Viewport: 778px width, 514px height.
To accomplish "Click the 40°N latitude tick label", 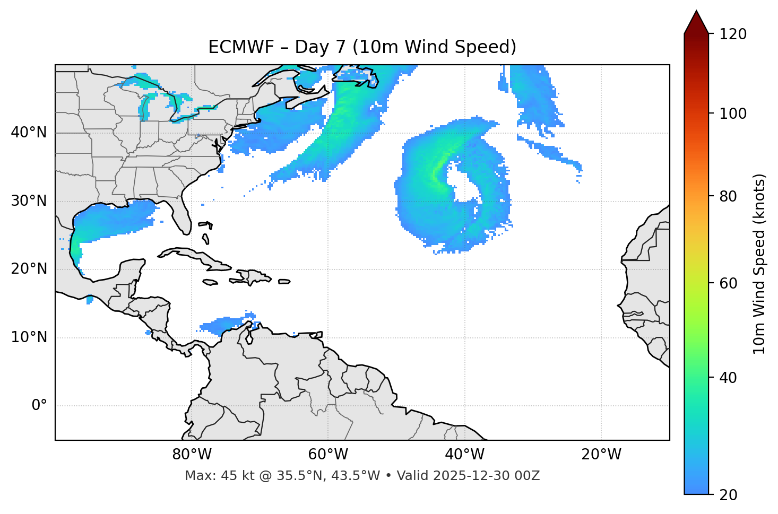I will (29, 133).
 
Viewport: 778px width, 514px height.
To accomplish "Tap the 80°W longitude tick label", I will (192, 455).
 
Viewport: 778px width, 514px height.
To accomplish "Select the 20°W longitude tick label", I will (601, 455).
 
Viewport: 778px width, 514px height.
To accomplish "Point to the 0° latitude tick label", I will (39, 406).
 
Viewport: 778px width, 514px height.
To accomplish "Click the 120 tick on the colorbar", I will (732, 34).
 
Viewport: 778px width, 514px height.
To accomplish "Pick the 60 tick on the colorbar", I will (732, 283).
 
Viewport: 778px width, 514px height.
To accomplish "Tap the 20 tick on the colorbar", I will (732, 495).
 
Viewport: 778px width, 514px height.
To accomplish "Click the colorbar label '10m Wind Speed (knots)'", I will (759, 264).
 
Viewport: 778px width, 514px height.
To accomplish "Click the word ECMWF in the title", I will (240, 47).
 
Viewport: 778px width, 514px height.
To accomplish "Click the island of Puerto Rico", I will (284, 282).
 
